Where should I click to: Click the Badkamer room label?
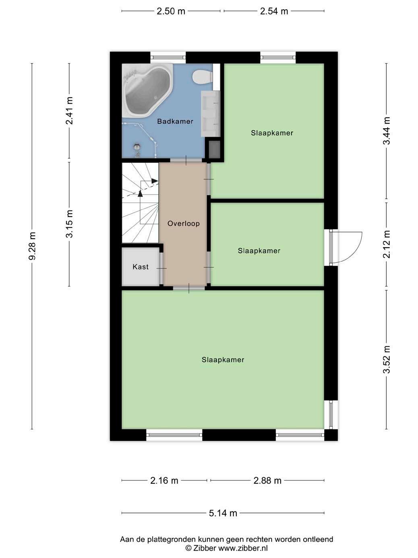point(175,121)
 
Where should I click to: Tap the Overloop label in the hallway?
point(184,223)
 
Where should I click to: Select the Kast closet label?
point(141,267)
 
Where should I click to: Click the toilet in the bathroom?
point(202,77)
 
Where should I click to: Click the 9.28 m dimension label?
point(32,246)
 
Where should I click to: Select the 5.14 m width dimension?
point(223,513)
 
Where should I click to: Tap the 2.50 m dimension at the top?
point(171,11)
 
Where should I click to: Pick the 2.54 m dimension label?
point(274,11)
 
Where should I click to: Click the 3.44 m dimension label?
point(387,131)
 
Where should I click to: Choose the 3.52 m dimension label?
point(387,359)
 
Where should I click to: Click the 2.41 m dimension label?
point(69,110)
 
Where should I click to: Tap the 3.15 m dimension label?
point(69,224)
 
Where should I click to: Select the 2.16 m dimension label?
point(164,481)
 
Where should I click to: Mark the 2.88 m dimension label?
point(267,481)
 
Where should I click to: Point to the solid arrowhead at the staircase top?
point(155,181)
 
